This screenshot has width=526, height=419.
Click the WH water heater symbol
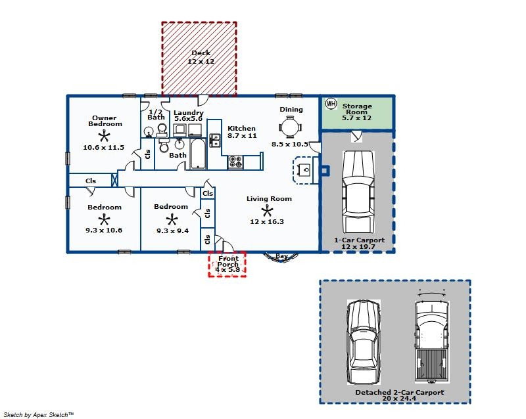click(x=331, y=104)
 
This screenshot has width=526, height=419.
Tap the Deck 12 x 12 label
click(x=201, y=57)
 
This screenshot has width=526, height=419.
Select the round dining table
click(x=289, y=127)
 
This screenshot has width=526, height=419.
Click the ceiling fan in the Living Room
click(x=267, y=211)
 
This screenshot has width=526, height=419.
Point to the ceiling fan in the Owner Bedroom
click(x=104, y=136)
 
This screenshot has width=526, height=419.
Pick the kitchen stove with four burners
click(x=235, y=162)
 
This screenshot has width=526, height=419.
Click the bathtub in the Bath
click(x=198, y=154)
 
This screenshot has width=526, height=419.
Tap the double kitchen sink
click(x=215, y=140)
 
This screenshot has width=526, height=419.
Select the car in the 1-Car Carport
click(x=358, y=192)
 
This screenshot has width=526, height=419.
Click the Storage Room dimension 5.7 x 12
click(x=356, y=118)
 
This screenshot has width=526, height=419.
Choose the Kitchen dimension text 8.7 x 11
click(x=242, y=136)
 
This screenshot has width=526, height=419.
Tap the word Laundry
click(x=189, y=112)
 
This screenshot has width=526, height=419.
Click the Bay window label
click(x=281, y=256)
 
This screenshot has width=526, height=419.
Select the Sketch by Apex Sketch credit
click(x=39, y=415)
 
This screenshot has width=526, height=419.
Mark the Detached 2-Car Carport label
click(x=400, y=392)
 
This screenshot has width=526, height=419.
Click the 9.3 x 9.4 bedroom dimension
click(x=172, y=231)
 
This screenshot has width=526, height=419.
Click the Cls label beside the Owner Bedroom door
click(x=147, y=154)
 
